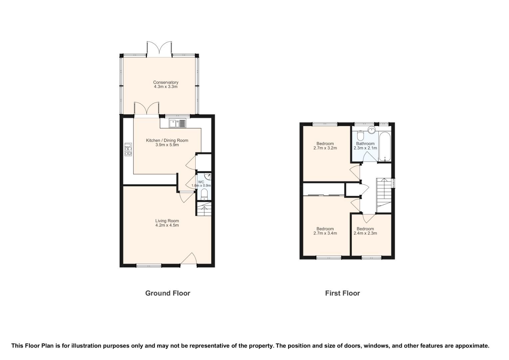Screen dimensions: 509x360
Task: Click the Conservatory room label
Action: tap(166, 82)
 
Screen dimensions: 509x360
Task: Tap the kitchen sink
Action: tap(178, 123)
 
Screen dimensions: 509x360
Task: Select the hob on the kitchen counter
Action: tap(128, 149)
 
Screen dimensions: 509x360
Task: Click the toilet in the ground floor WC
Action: tap(204, 194)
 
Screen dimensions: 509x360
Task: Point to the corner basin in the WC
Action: tap(208, 176)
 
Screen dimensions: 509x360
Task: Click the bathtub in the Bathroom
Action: tap(385, 147)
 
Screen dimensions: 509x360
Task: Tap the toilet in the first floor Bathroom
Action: tap(360, 136)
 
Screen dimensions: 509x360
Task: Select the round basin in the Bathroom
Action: tap(371, 130)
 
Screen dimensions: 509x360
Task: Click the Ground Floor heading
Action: tap(168, 293)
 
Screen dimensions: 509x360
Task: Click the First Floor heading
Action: tap(342, 293)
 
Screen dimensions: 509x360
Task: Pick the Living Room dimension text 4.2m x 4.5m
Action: tap(167, 225)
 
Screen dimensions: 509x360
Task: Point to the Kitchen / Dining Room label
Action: tap(167, 140)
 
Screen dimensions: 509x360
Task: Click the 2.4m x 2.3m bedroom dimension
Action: tap(365, 233)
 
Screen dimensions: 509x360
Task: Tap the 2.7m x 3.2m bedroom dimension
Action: tap(325, 148)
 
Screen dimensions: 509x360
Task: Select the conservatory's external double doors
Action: tap(159, 49)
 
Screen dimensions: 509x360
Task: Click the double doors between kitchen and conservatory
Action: tap(147, 109)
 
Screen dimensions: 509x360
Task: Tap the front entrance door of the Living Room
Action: tap(189, 259)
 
